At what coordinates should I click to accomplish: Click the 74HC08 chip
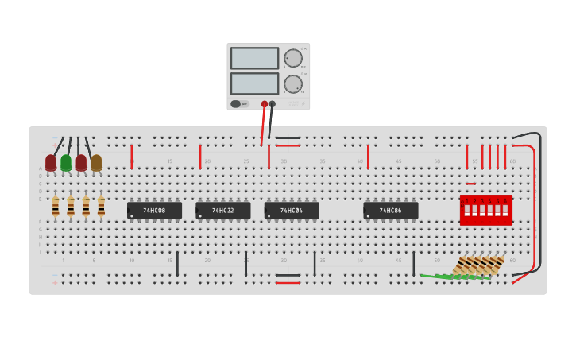coord(154,211)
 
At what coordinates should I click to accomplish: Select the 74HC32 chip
coord(222,211)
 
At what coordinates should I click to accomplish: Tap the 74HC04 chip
coord(292,211)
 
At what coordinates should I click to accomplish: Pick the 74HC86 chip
coord(390,211)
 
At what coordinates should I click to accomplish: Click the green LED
coord(66,163)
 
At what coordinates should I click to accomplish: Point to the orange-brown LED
coord(96,163)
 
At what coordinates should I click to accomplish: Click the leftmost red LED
coord(51,163)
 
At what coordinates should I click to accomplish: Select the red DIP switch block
coord(485,211)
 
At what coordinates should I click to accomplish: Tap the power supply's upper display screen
coord(254,58)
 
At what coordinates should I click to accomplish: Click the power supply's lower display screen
coord(254,83)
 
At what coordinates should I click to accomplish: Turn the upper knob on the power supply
coord(293,58)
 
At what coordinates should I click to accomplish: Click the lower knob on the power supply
coord(293,83)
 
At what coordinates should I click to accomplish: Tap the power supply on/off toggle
coord(236,103)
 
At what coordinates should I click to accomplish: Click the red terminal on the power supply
coord(265,104)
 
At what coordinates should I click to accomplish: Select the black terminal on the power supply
coord(273,104)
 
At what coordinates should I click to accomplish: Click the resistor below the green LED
coord(71,207)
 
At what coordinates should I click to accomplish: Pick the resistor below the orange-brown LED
coord(101,207)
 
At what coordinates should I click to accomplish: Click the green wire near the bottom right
coord(453,277)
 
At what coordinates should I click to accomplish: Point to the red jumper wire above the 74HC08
coord(132,156)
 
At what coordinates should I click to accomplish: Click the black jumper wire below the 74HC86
coord(413,263)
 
